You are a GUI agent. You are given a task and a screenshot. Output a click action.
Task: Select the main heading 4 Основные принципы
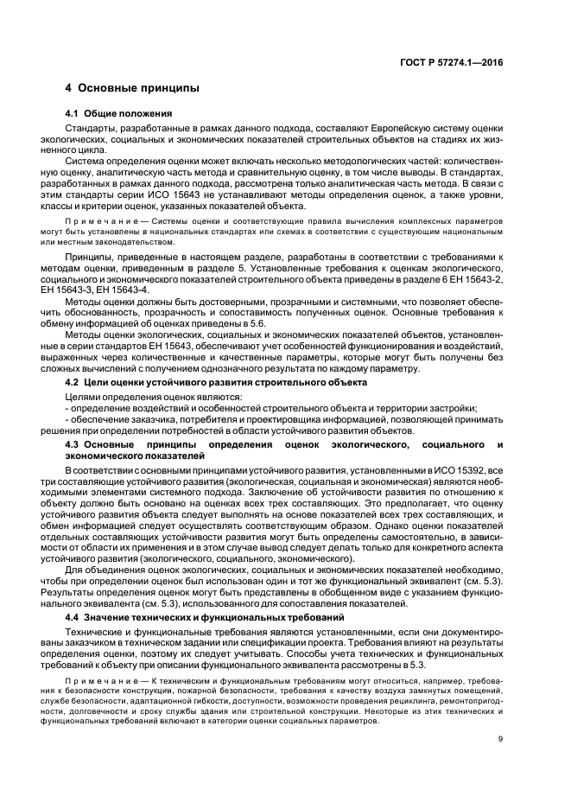point(133,88)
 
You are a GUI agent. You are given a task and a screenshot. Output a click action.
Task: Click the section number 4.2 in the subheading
point(74,381)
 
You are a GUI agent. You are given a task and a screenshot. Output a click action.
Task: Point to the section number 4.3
point(74,443)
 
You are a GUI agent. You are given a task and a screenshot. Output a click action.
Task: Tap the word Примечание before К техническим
point(105,681)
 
